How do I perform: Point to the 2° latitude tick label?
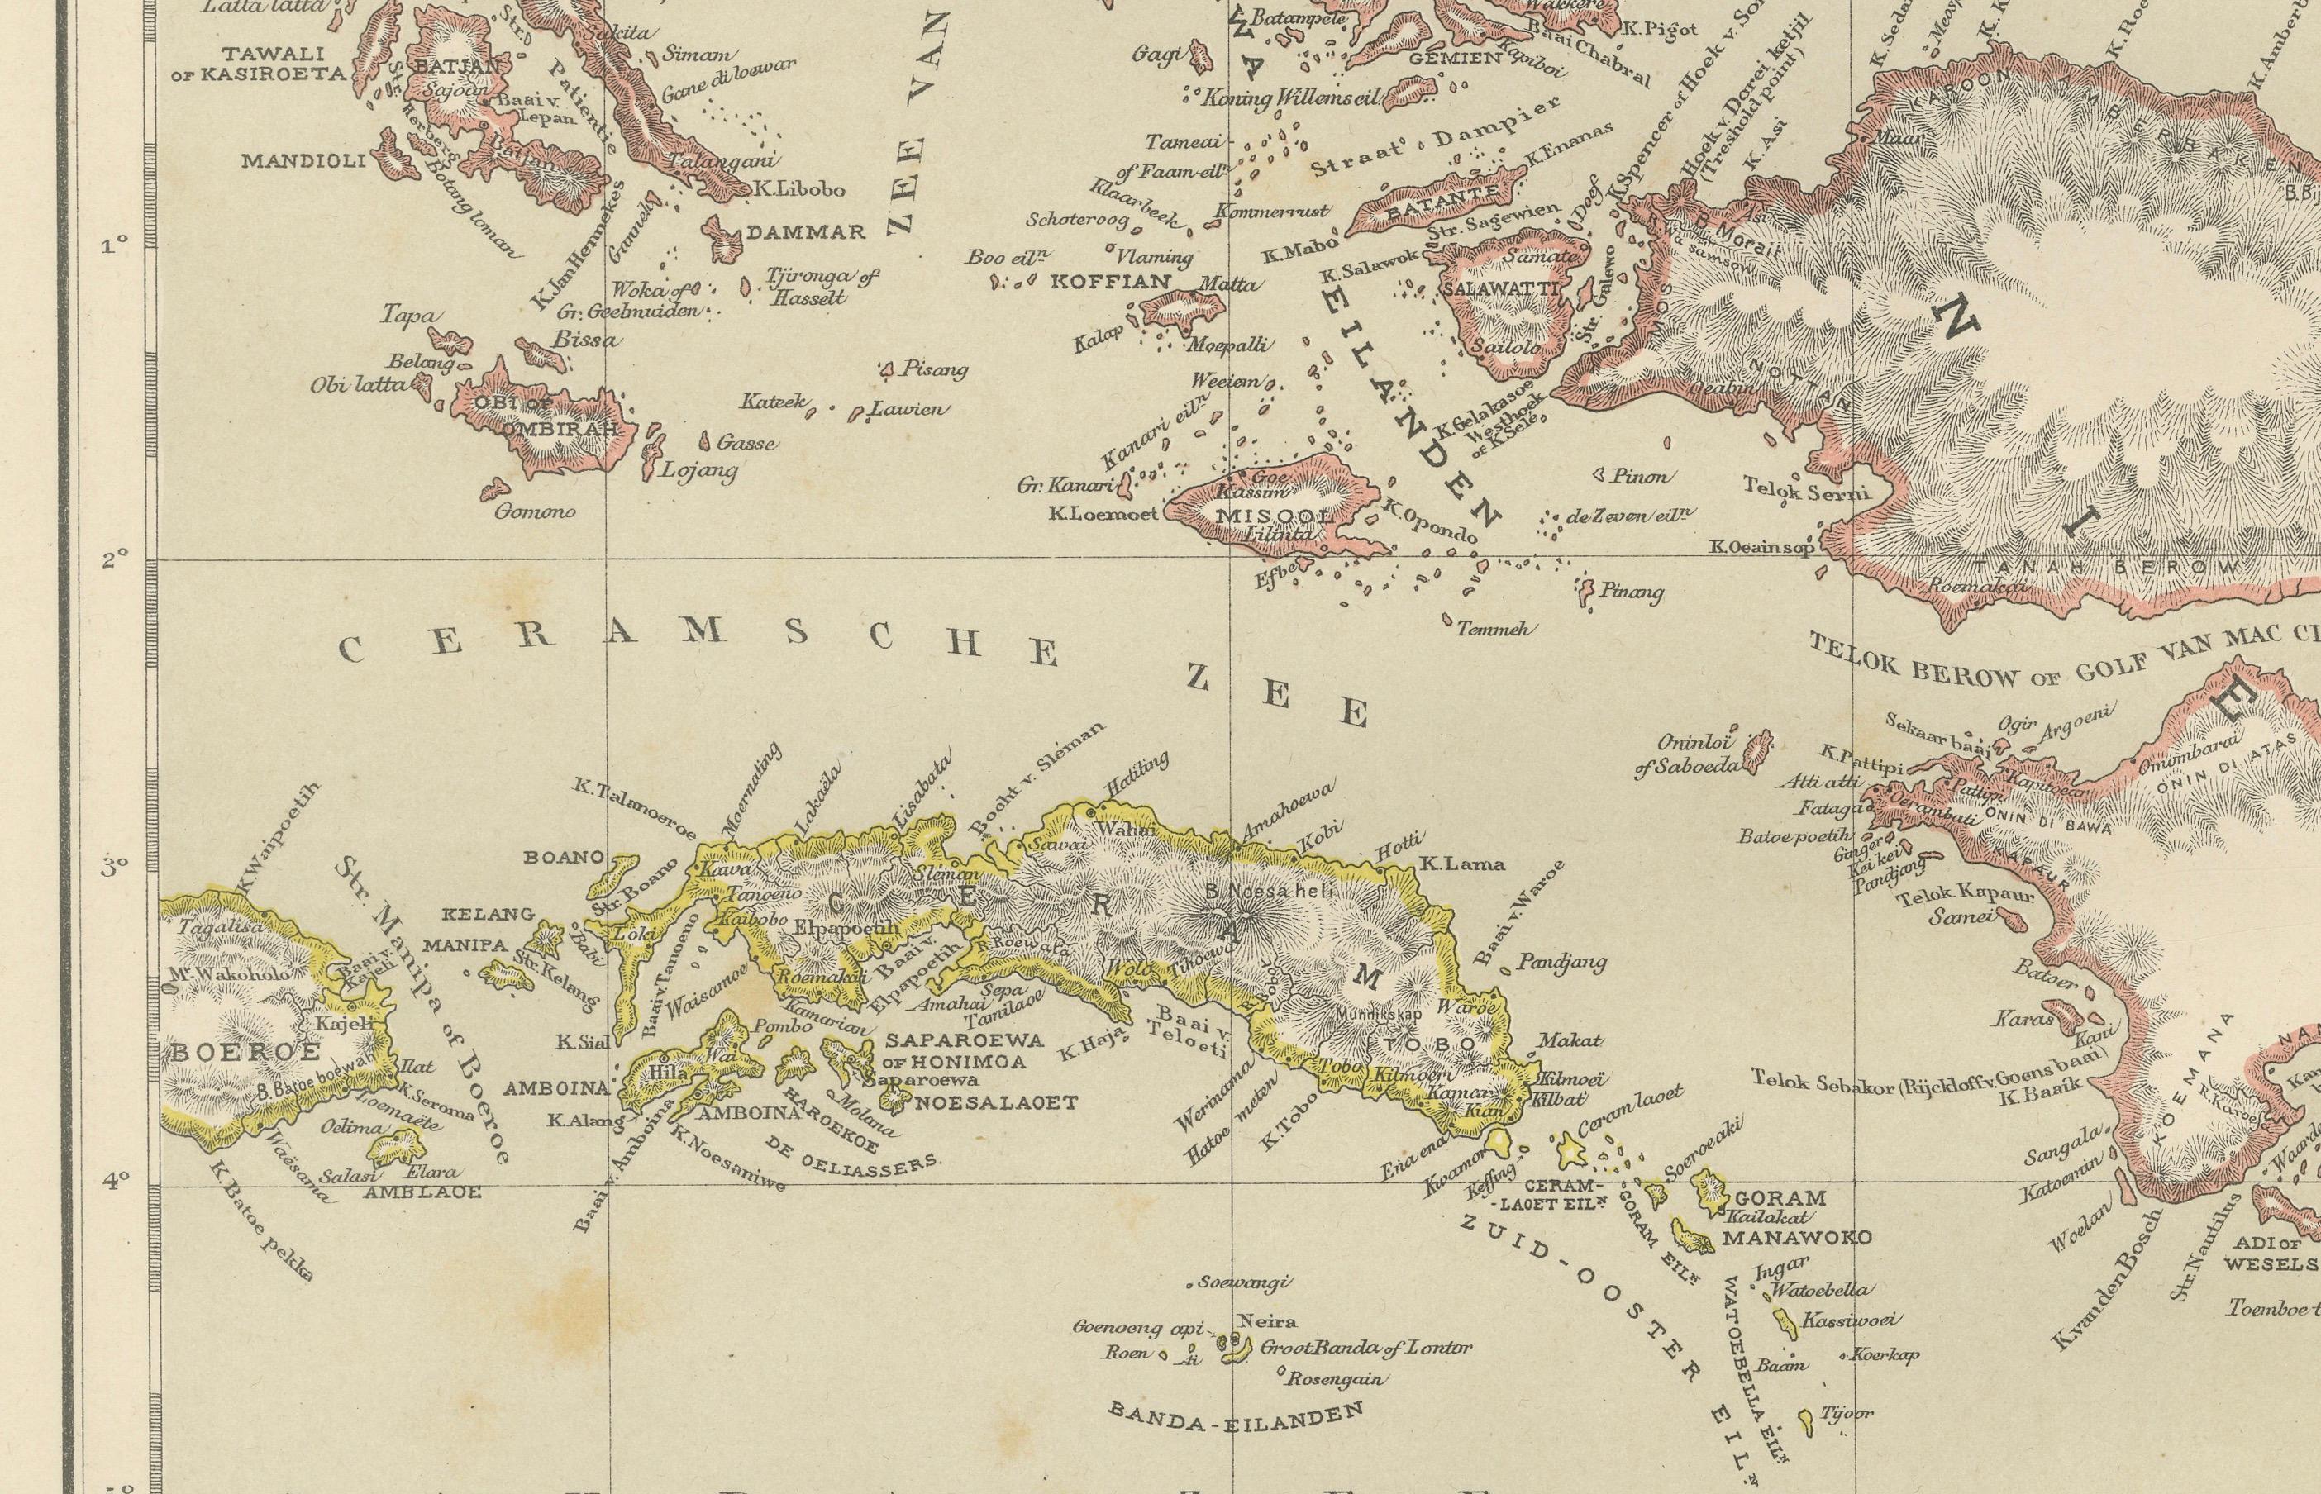[115, 559]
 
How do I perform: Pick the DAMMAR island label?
[804, 233]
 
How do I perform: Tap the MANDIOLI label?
[303, 160]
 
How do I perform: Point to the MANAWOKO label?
[1795, 1238]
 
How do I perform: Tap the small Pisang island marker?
[886, 368]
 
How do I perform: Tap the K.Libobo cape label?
[798, 190]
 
